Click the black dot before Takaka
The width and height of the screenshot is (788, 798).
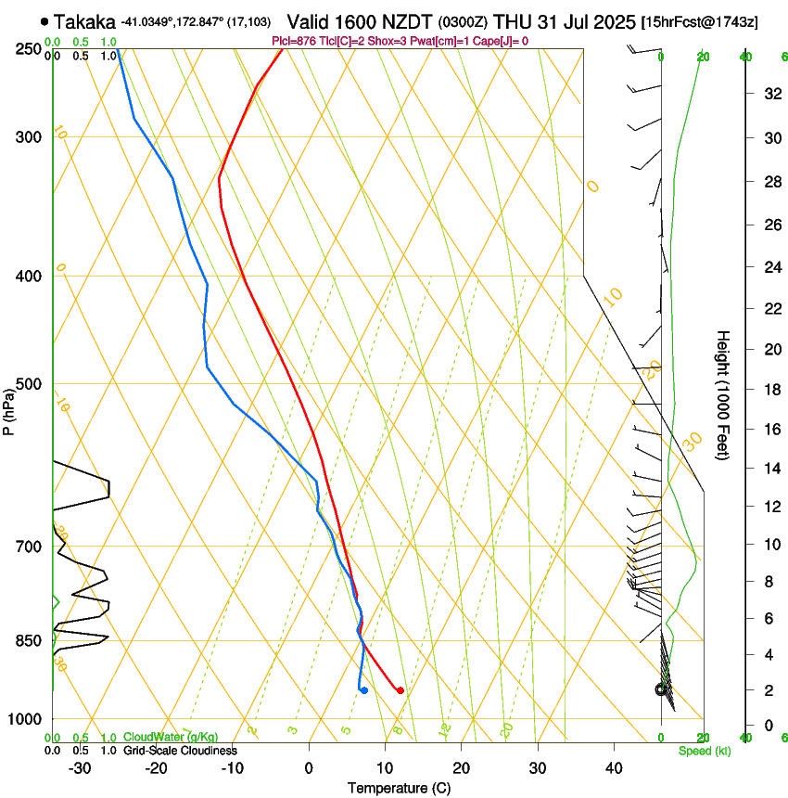click(44, 21)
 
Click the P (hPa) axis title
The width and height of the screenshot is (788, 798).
click(8, 409)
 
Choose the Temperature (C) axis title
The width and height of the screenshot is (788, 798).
click(399, 788)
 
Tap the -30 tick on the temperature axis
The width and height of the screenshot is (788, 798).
click(80, 767)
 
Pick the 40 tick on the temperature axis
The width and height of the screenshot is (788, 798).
click(613, 767)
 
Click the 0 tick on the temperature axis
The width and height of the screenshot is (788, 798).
click(309, 767)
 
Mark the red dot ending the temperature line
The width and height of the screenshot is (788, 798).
click(400, 690)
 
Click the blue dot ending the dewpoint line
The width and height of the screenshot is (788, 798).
click(364, 690)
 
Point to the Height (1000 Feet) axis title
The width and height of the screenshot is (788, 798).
click(723, 394)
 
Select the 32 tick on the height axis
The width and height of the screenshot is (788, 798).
click(770, 93)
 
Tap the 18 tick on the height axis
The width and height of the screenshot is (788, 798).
click(770, 390)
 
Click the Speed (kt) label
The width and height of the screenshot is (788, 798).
click(704, 751)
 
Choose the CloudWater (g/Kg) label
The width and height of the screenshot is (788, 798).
click(171, 738)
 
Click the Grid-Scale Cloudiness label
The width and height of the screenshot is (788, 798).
click(180, 750)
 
